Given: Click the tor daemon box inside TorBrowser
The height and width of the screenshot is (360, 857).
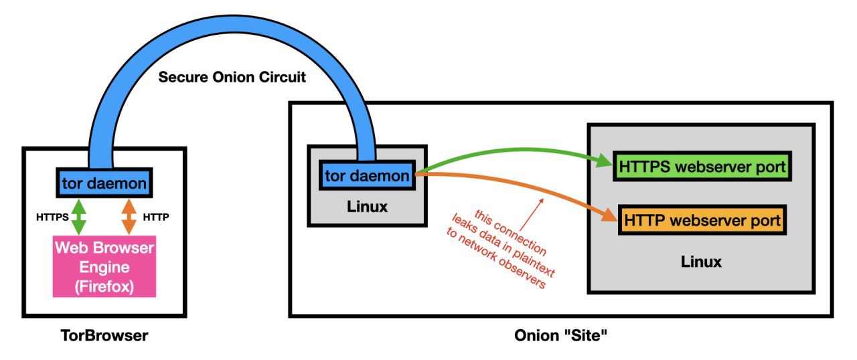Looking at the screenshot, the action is coord(104,183).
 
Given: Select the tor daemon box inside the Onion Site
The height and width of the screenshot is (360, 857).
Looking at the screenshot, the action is coord(368,175).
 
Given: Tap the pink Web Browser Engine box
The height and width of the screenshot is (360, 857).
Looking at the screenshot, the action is coord(104,266).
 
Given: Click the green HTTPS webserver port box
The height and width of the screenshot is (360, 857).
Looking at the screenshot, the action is coord(702,166).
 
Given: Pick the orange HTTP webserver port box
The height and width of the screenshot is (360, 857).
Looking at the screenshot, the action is coord(702,219).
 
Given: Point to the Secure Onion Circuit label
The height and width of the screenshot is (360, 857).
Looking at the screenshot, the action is coord(232,77).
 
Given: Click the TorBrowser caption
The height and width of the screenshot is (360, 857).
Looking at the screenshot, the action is coord(104,335).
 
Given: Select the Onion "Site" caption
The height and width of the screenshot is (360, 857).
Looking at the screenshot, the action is coord(560,335).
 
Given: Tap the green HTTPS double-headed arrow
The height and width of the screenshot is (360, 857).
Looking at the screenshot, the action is coord(79,217).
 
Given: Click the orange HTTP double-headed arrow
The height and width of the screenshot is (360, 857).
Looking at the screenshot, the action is coord(129,217).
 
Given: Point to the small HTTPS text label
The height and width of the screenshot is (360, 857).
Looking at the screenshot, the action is coord(52,217).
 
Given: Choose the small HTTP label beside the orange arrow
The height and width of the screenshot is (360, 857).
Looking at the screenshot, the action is coord(156,217).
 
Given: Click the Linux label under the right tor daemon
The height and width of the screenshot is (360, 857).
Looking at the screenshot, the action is coord(368,206).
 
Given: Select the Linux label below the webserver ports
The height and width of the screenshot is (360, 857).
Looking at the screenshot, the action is coord(701,262).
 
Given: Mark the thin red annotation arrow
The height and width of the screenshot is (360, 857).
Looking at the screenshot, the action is coord(532,215).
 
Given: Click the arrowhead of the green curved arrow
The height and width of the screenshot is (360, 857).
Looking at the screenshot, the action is coord(605,161).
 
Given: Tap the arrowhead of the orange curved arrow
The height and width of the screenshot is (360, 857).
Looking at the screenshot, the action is coord(609,215).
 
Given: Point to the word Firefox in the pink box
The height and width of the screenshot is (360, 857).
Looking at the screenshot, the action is coord(104,286).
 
